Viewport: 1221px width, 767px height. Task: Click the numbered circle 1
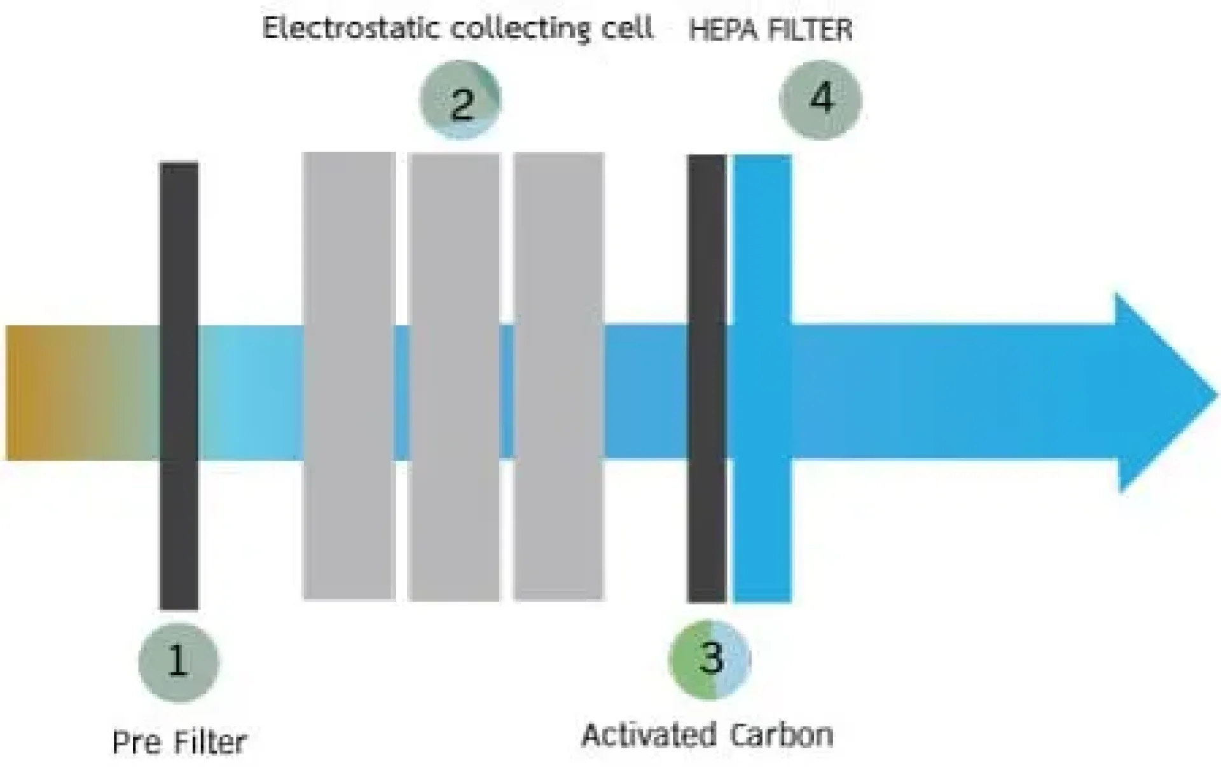pyautogui.click(x=179, y=662)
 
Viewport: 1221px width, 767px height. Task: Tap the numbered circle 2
pyautogui.click(x=461, y=100)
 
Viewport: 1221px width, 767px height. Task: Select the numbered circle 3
pyautogui.click(x=710, y=658)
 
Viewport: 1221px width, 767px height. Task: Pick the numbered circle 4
pyautogui.click(x=820, y=99)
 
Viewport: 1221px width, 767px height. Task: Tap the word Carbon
pyautogui.click(x=781, y=735)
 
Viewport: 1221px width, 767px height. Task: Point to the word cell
pyautogui.click(x=629, y=29)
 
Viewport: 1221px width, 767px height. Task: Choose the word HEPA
pyautogui.click(x=719, y=30)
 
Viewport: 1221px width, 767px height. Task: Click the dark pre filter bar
pyautogui.click(x=179, y=385)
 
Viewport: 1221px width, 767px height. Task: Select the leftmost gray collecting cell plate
pyautogui.click(x=349, y=375)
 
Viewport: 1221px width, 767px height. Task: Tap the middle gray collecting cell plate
pyautogui.click(x=454, y=375)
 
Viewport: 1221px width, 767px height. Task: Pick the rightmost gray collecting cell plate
pyautogui.click(x=558, y=375)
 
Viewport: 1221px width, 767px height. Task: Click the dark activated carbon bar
pyautogui.click(x=707, y=378)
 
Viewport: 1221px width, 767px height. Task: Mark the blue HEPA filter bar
pyautogui.click(x=762, y=378)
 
